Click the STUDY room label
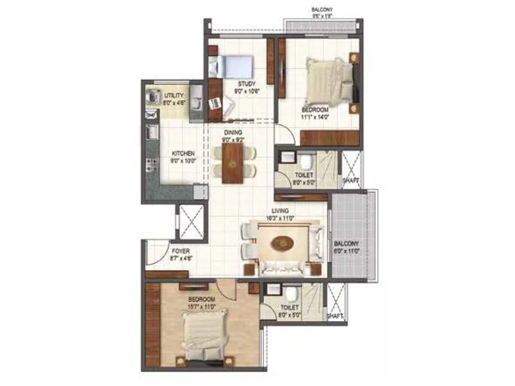(245, 84)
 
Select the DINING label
(233, 131)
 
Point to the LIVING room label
(279, 210)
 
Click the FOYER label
(180, 251)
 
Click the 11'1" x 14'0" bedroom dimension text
(315, 117)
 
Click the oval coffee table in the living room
(281, 243)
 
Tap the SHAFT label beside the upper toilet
(350, 181)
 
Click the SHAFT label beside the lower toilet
(334, 316)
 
